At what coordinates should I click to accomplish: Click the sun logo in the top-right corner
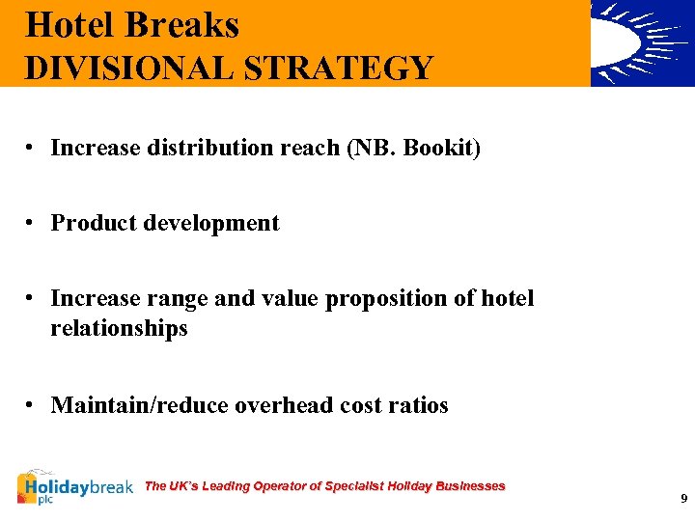(x=642, y=43)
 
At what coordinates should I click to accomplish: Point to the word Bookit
(x=442, y=148)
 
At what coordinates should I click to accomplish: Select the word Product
(x=94, y=223)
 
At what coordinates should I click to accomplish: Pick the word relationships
(x=119, y=329)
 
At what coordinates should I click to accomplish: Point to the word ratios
(x=419, y=405)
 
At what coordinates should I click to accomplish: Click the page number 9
(x=683, y=499)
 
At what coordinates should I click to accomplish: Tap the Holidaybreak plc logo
(x=75, y=488)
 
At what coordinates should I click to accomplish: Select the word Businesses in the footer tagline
(x=470, y=486)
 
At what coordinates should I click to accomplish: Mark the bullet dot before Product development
(x=32, y=223)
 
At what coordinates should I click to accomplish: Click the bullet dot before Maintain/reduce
(x=32, y=405)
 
